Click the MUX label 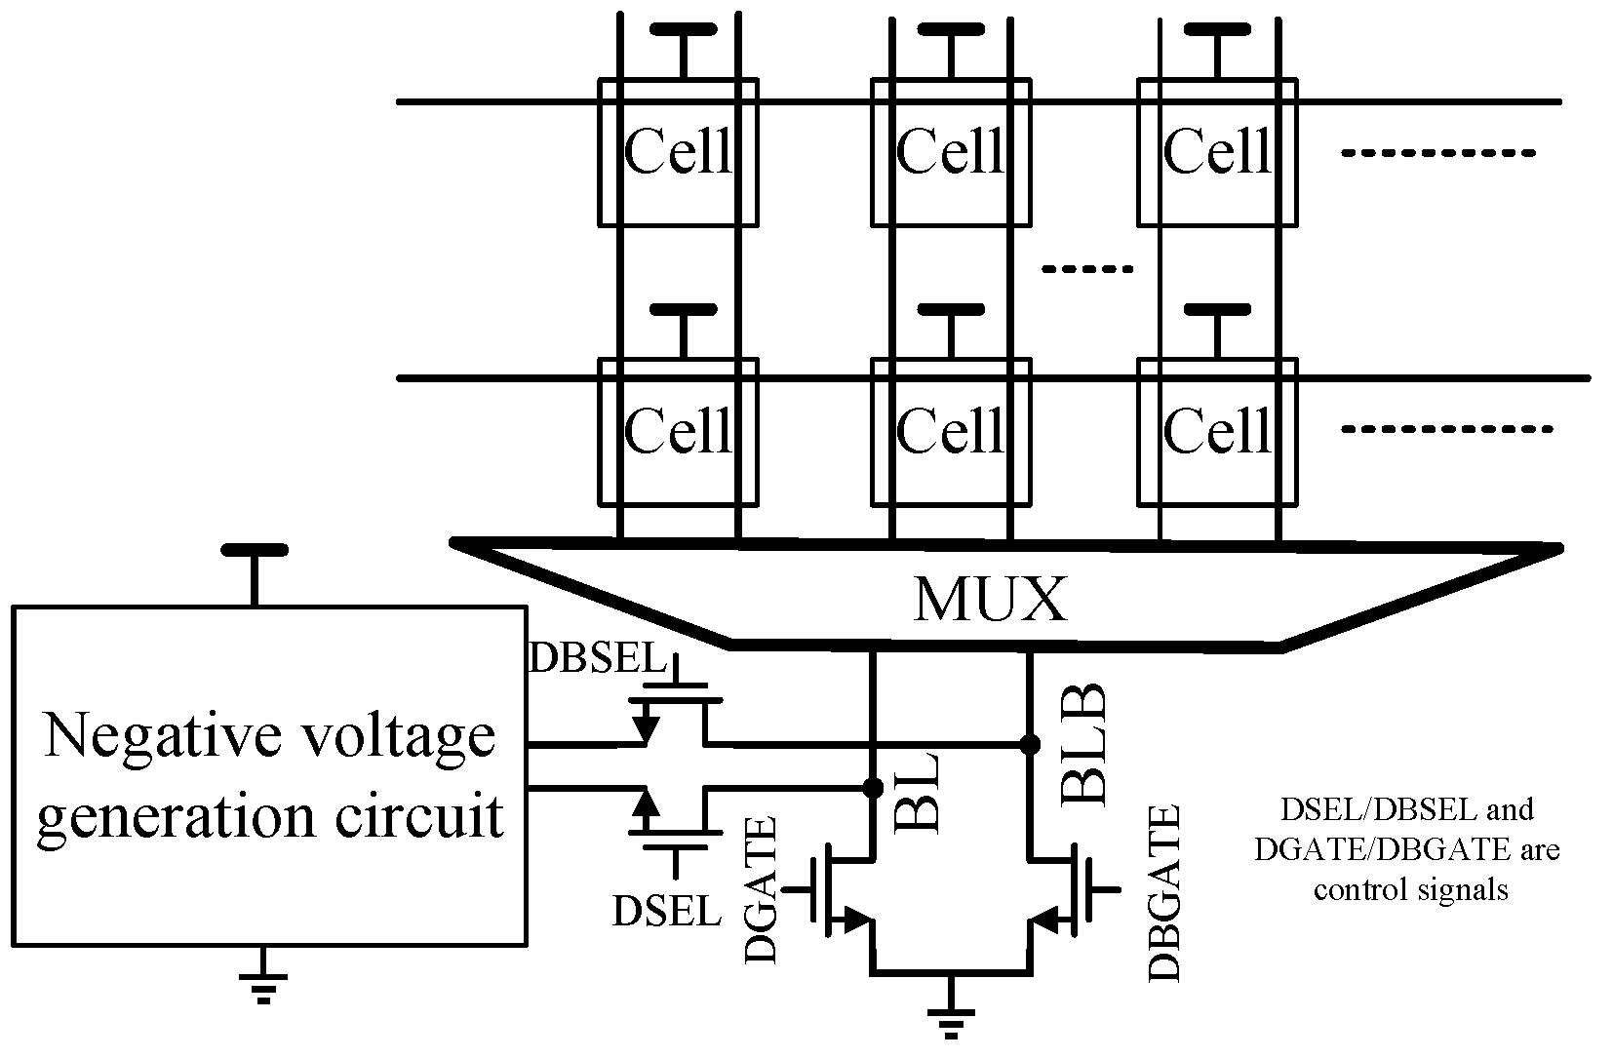pyautogui.click(x=990, y=600)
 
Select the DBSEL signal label pyautogui.click(x=595, y=659)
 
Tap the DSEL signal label pyautogui.click(x=667, y=911)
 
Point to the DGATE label pyautogui.click(x=762, y=889)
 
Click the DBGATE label pyautogui.click(x=1164, y=892)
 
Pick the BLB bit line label pyautogui.click(x=1082, y=743)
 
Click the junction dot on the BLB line pyautogui.click(x=1029, y=744)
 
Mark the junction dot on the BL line pyautogui.click(x=872, y=786)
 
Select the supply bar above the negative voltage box pyautogui.click(x=255, y=551)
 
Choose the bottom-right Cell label pyautogui.click(x=1218, y=429)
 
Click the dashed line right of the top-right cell pyautogui.click(x=1438, y=153)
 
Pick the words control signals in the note pyautogui.click(x=1411, y=889)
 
